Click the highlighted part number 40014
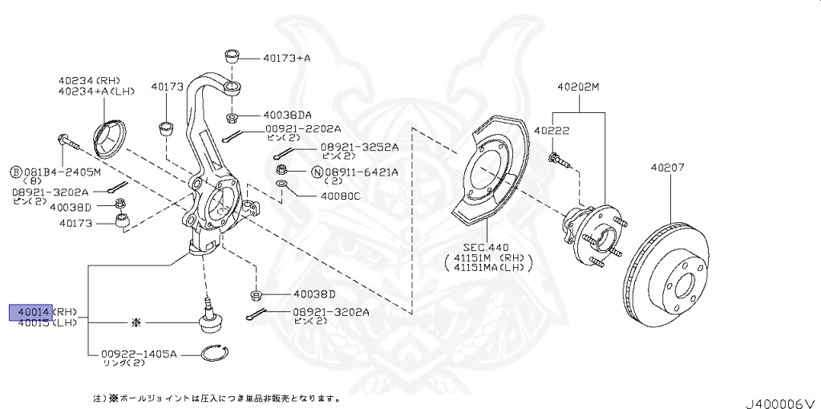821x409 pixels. (30, 311)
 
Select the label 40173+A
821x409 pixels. (286, 58)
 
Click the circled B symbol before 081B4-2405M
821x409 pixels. (14, 172)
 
